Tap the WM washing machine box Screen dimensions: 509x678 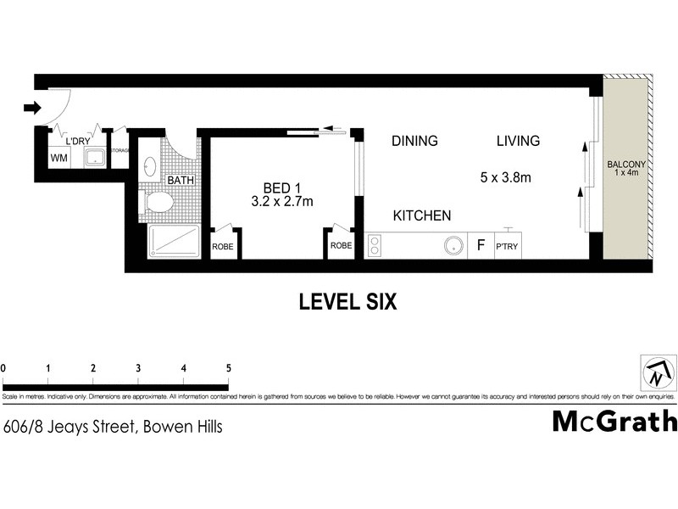tap(58, 158)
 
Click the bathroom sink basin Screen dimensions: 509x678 tap(151, 166)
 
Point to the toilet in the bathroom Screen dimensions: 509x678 tap(158, 203)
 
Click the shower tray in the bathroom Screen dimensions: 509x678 tap(173, 242)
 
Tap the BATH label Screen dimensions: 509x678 tap(180, 181)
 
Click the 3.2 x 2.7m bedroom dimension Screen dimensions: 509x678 tap(282, 202)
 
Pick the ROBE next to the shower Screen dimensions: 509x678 tap(223, 245)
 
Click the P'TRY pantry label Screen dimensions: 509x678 tap(507, 247)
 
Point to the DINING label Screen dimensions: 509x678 tap(414, 141)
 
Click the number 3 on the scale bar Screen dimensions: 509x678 tap(138, 368)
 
